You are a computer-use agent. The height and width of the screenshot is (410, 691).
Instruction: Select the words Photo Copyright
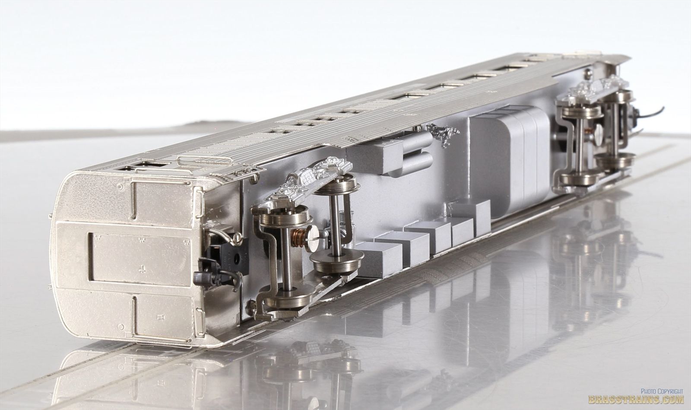point(661,391)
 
